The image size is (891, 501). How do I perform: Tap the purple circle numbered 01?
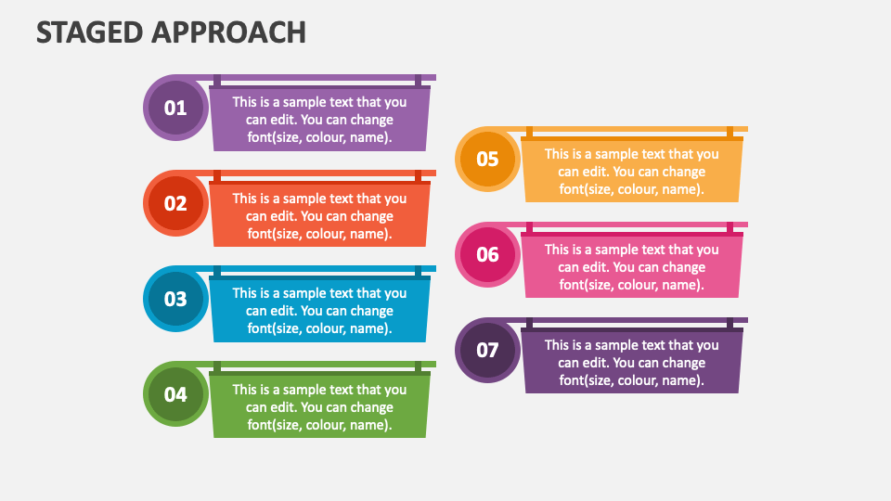click(175, 108)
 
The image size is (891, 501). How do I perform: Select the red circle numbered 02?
click(175, 203)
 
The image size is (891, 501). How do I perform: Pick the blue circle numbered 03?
click(175, 299)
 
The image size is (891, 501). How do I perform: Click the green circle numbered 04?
click(175, 394)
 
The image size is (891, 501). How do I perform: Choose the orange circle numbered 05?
click(487, 159)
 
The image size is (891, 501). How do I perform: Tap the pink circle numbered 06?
click(487, 254)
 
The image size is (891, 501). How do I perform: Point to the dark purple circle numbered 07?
click(487, 350)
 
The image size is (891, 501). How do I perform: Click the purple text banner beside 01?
click(319, 120)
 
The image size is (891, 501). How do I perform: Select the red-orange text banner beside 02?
click(319, 215)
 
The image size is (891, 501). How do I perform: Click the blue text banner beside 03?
click(319, 311)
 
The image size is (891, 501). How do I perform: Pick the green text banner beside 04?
click(319, 406)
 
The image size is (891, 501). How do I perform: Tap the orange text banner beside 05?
click(631, 172)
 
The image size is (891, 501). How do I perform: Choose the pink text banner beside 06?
click(631, 267)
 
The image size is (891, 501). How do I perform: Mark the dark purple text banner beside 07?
click(631, 363)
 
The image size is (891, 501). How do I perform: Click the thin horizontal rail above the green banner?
click(316, 365)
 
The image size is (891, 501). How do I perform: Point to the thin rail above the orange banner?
click(631, 129)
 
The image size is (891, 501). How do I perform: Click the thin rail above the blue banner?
click(316, 269)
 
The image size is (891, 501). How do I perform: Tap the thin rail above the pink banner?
click(631, 225)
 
